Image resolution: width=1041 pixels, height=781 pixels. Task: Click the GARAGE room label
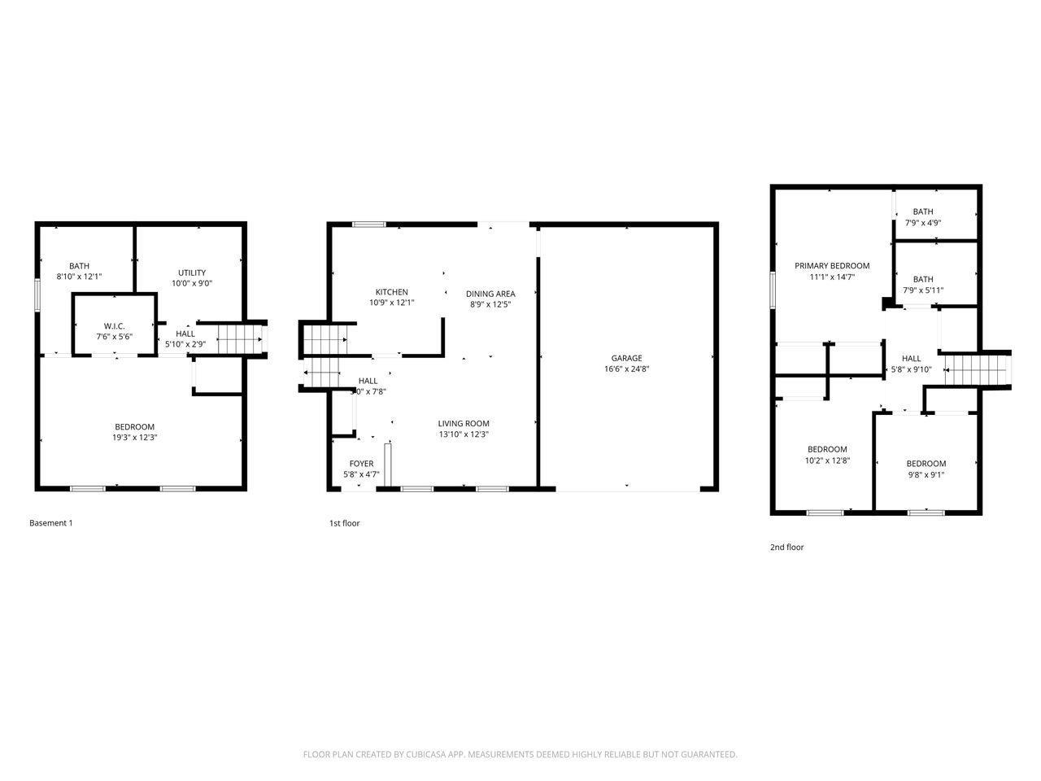click(626, 358)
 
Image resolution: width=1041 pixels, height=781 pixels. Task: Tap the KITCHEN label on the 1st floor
click(391, 292)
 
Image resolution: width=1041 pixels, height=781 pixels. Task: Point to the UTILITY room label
click(192, 273)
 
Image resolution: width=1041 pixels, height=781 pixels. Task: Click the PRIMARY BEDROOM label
click(831, 266)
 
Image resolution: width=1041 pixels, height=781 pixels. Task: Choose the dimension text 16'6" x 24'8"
click(626, 369)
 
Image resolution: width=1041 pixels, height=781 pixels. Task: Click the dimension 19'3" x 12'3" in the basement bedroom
click(134, 438)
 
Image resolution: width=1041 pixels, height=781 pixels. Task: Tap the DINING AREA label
click(490, 294)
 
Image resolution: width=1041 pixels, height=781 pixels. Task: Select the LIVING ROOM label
click(464, 423)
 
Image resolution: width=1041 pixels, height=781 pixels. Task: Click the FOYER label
click(361, 464)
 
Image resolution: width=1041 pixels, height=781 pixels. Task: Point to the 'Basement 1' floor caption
click(50, 523)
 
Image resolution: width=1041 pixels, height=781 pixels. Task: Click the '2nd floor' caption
click(786, 548)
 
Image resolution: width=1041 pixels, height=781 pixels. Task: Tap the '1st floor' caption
click(344, 523)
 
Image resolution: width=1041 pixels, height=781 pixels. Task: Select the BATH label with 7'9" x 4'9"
click(922, 212)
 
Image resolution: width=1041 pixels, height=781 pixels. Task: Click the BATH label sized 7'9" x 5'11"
click(922, 279)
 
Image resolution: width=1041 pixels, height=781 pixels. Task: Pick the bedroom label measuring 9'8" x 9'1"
click(926, 464)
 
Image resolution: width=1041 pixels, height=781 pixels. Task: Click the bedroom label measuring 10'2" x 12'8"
click(826, 449)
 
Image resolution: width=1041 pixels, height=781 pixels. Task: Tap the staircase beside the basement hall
click(241, 336)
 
